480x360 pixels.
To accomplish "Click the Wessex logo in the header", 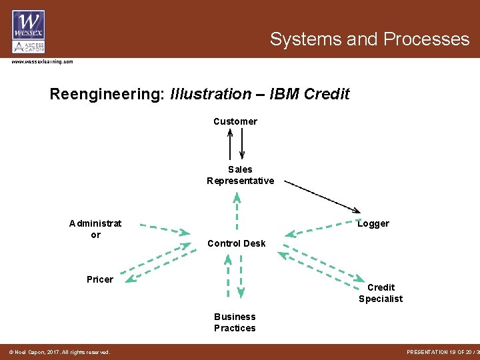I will [x=28, y=31].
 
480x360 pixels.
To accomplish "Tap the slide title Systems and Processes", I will [x=369, y=39].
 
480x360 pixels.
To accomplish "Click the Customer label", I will [x=235, y=121].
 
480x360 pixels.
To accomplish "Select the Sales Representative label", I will [x=240, y=175].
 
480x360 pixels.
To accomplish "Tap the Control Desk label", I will [x=236, y=243].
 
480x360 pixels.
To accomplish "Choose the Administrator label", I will [x=95, y=229].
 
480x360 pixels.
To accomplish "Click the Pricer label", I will [x=100, y=279].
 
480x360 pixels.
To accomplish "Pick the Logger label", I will [x=373, y=223].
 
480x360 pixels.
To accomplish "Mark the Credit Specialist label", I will [x=381, y=293].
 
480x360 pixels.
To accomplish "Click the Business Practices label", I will [x=235, y=322].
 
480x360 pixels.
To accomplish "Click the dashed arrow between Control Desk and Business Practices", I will [x=235, y=275].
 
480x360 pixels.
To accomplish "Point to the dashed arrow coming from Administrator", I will [x=165, y=229].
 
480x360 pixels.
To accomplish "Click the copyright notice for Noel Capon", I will [x=59, y=352].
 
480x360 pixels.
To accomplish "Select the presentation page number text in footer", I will [x=441, y=352].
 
